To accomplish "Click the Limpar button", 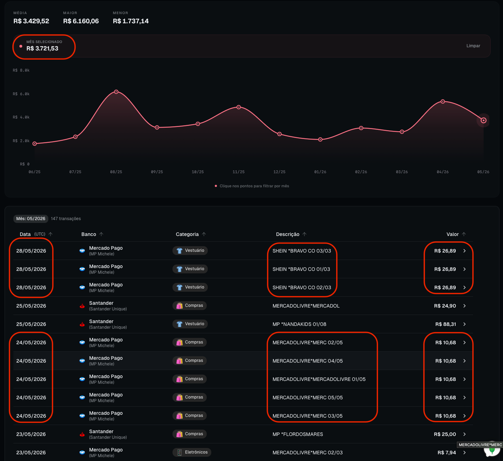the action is coord(473,46).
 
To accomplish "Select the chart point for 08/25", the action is coord(116,92).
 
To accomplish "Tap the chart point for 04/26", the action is coord(443,102).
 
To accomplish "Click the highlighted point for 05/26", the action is coord(484,120).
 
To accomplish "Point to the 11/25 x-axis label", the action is coord(238,172).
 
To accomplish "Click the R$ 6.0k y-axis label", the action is coord(21,94).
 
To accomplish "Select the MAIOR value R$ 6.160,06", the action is coord(81,21).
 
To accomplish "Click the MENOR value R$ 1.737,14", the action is coord(131,21).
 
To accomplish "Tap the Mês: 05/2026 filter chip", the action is coord(31,219).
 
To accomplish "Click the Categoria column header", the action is coord(187,234).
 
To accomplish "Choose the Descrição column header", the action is coord(287,234).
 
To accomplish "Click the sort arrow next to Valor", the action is coord(464,234).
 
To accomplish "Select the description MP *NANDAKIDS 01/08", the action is coord(299,324).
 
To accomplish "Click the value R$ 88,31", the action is coord(446,324).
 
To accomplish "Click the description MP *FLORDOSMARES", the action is coord(298,434).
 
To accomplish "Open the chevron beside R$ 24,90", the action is coord(465,306).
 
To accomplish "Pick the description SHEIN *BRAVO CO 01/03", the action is coord(301,269).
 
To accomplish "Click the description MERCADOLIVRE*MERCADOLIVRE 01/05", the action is coord(319,379).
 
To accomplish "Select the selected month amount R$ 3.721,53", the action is coord(42,48).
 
